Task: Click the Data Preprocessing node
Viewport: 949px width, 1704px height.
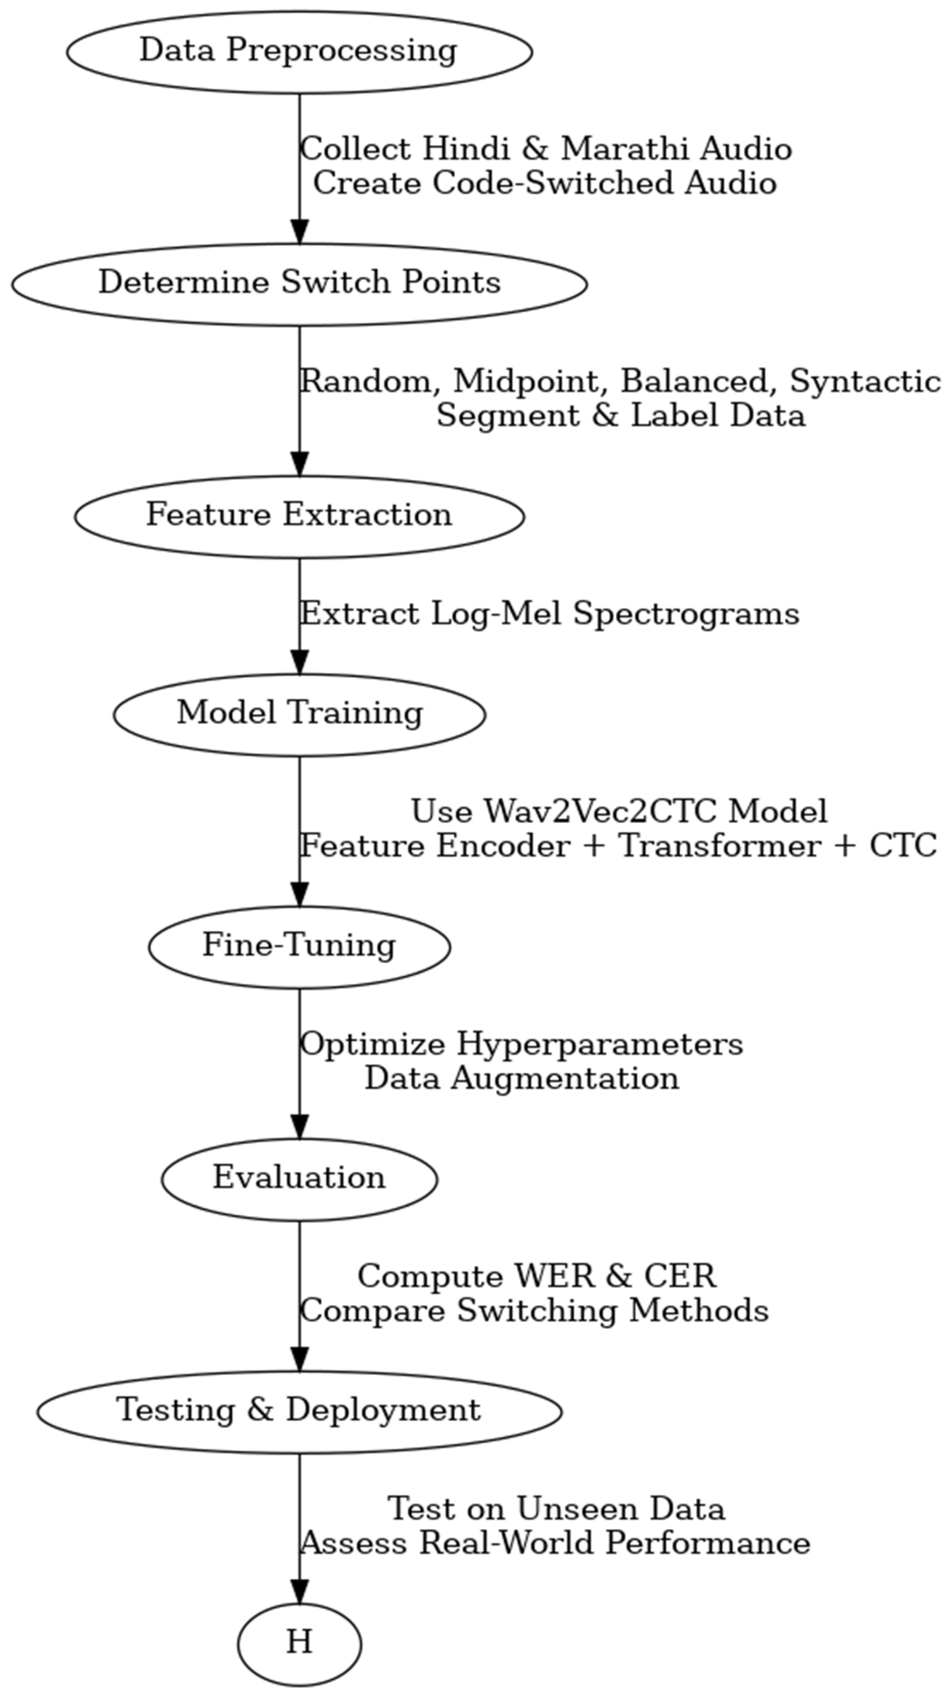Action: (x=299, y=52)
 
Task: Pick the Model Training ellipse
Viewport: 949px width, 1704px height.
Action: (x=299, y=714)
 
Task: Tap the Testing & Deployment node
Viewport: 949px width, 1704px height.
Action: (x=299, y=1411)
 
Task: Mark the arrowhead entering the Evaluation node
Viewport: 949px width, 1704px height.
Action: (x=299, y=1127)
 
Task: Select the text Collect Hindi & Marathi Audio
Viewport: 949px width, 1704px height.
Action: (x=546, y=149)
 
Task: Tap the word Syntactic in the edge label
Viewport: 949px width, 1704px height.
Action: (x=865, y=382)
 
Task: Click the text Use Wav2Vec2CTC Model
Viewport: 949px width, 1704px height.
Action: (x=619, y=812)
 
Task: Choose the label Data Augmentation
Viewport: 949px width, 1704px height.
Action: (x=522, y=1079)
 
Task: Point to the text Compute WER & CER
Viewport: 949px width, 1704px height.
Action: (x=536, y=1277)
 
